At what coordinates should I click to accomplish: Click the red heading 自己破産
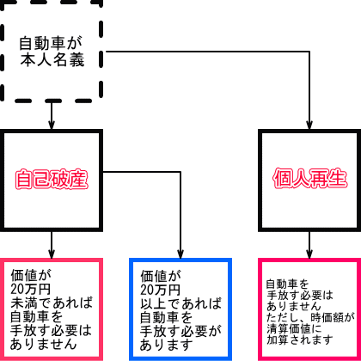(52, 180)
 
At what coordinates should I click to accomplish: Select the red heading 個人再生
(310, 179)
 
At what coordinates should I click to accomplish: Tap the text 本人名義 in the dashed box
(52, 60)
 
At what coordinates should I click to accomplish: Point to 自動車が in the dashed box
(51, 43)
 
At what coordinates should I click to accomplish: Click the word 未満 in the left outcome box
(25, 303)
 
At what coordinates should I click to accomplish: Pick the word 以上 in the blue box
(154, 303)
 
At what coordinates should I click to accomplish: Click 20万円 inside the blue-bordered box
(161, 290)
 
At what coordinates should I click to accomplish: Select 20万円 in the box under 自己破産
(31, 289)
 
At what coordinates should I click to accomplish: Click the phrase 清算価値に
(294, 328)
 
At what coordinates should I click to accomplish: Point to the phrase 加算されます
(300, 340)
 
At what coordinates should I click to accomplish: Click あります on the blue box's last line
(167, 345)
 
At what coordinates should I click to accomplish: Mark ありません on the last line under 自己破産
(44, 344)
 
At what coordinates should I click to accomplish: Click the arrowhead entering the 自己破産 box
(52, 125)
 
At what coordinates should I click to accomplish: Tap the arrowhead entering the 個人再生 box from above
(309, 125)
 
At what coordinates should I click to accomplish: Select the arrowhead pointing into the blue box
(180, 254)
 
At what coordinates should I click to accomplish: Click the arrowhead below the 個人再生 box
(309, 254)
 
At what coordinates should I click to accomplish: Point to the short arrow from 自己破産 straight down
(52, 245)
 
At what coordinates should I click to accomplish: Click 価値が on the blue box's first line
(161, 276)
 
